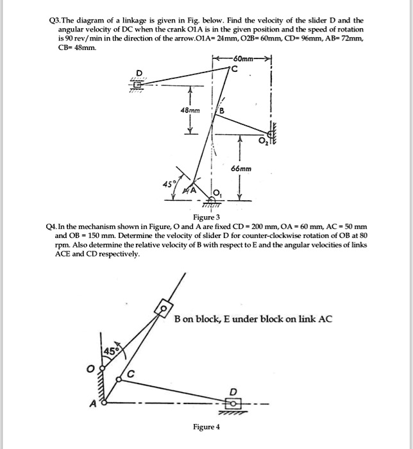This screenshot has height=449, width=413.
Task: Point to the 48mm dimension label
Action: (x=190, y=110)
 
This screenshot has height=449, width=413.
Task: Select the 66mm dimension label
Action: (x=240, y=169)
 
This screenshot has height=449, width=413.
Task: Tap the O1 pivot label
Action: (x=217, y=195)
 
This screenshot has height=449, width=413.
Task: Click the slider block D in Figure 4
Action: (x=233, y=403)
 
